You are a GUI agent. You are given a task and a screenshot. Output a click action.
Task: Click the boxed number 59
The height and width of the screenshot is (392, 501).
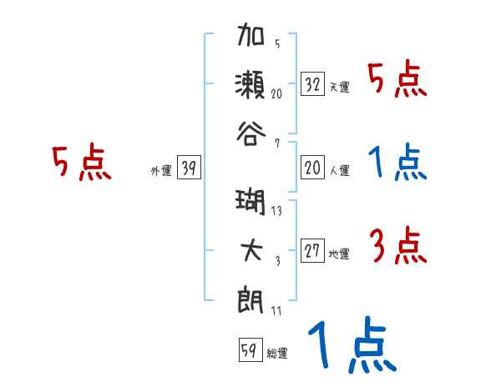[x=248, y=350]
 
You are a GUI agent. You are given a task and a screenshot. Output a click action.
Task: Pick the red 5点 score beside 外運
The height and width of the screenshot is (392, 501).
[x=81, y=163]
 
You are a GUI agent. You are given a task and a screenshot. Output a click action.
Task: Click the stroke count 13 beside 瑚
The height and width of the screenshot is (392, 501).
[x=276, y=210]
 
